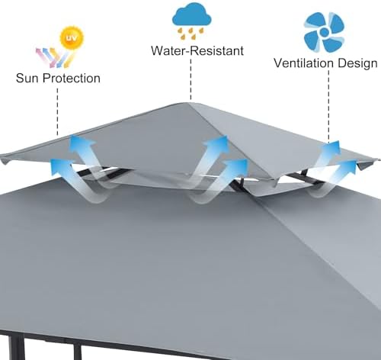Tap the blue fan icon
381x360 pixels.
click(x=325, y=32)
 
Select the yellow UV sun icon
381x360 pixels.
click(x=72, y=37)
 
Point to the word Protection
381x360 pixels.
click(x=72, y=78)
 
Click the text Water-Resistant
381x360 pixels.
click(x=197, y=50)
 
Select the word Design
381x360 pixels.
click(x=358, y=63)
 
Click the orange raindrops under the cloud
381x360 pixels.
click(x=190, y=34)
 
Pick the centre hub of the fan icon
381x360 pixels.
click(x=325, y=32)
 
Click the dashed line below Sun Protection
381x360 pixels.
click(x=57, y=112)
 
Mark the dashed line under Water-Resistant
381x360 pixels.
click(x=190, y=79)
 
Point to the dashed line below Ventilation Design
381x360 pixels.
click(x=328, y=106)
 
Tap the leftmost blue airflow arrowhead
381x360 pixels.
click(x=61, y=166)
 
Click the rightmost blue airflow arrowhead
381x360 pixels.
click(x=350, y=166)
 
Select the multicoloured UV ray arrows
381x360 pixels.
click(x=53, y=58)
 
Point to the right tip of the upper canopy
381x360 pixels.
click(x=379, y=159)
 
